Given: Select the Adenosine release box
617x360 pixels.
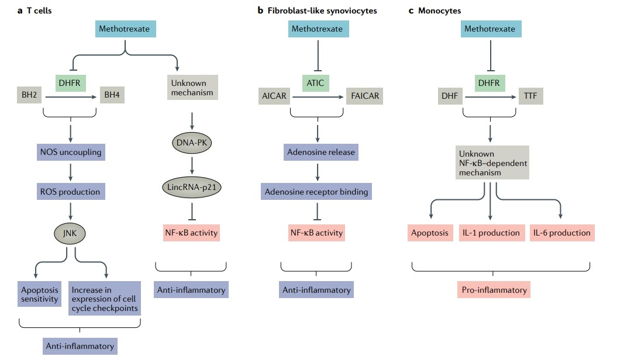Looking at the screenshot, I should [320, 152].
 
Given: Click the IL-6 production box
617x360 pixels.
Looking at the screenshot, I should [561, 233].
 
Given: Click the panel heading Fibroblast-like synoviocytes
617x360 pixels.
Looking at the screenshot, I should [326, 11].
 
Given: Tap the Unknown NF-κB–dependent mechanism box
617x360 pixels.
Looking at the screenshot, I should [493, 164].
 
